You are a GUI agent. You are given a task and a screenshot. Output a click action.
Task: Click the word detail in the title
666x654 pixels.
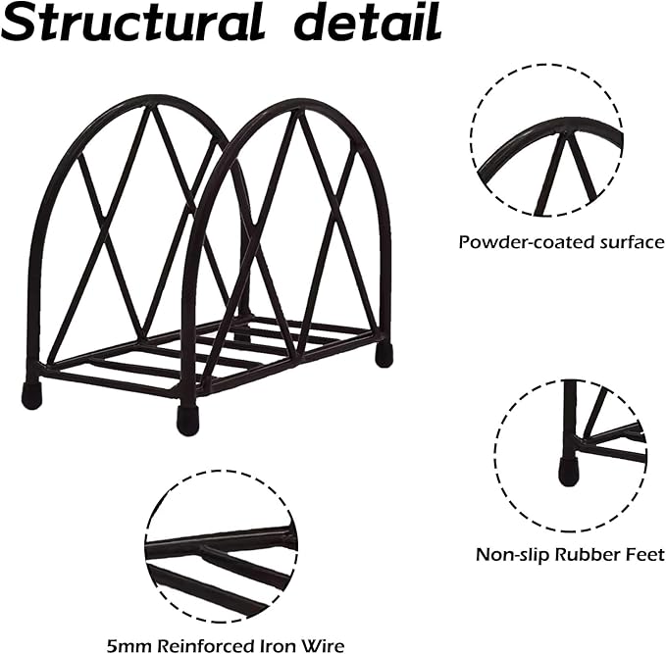pos(363,23)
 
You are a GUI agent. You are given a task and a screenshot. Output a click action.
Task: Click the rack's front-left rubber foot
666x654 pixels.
pos(31,395)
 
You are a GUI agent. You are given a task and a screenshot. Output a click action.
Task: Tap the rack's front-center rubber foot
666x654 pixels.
pos(186,420)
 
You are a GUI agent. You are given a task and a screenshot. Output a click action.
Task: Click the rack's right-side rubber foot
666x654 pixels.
pos(384,354)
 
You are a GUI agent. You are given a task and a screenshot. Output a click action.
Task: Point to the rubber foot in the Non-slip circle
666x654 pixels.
pos(568,472)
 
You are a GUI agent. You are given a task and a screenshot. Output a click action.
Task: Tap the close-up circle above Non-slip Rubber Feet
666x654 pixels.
pos(570,449)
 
